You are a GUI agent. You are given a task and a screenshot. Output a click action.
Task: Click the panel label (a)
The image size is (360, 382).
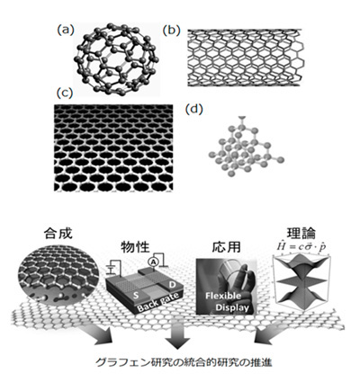pyautogui.click(x=65, y=30)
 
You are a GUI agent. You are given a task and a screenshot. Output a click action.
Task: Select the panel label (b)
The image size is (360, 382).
pyautogui.click(x=171, y=31)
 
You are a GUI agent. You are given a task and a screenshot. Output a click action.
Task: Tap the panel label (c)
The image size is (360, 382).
pyautogui.click(x=65, y=93)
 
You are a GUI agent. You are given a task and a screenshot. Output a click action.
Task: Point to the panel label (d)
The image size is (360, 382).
pyautogui.click(x=194, y=110)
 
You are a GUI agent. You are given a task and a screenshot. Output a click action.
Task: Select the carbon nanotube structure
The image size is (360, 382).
pyautogui.click(x=244, y=58)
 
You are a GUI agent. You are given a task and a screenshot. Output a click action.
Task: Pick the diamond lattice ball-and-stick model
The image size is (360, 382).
pyautogui.click(x=246, y=146)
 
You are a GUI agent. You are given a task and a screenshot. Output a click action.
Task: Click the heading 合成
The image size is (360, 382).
pyautogui.click(x=58, y=234)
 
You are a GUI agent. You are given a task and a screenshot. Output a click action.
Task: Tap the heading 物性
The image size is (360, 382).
pyautogui.click(x=135, y=247)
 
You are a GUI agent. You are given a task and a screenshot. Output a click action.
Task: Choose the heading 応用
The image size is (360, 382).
pyautogui.click(x=227, y=247)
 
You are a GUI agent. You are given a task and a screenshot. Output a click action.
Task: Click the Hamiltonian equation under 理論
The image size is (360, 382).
pyautogui.click(x=301, y=246)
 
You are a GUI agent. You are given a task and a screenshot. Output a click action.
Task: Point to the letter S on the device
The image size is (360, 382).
pyautogui.click(x=136, y=296)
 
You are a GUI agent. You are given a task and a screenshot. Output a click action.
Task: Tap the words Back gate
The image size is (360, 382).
pyautogui.click(x=157, y=302)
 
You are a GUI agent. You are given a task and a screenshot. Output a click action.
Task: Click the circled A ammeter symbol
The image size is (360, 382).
pyautogui.click(x=153, y=262)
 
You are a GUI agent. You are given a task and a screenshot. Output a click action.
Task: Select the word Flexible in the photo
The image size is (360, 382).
pyautogui.click(x=223, y=296)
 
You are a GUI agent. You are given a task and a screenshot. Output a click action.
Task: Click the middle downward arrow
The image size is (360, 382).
pyautogui.click(x=177, y=335)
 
